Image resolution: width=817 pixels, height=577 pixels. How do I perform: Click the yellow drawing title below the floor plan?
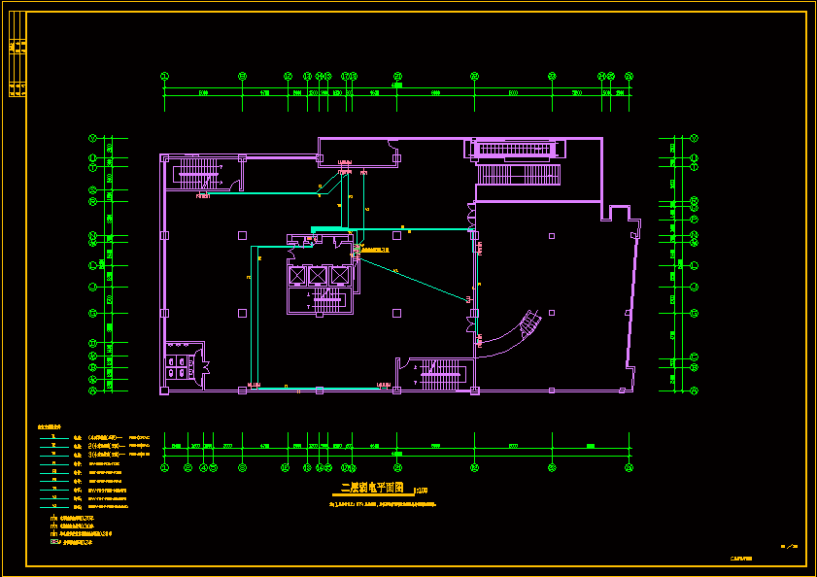point(371,490)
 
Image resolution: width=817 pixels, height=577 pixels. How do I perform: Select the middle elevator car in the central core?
point(318,275)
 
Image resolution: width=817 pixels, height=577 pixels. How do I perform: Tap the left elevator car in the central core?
point(297,275)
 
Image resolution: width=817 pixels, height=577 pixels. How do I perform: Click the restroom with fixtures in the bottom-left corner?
point(179,364)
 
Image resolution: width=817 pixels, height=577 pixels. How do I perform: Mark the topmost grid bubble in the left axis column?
point(93,138)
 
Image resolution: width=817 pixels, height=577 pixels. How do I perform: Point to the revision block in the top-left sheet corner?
point(17,68)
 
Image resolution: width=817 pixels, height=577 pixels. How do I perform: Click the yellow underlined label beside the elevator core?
point(375,251)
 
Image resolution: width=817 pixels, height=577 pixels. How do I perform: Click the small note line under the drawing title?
point(383,504)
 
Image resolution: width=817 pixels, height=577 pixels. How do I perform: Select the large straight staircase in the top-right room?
point(519,174)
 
